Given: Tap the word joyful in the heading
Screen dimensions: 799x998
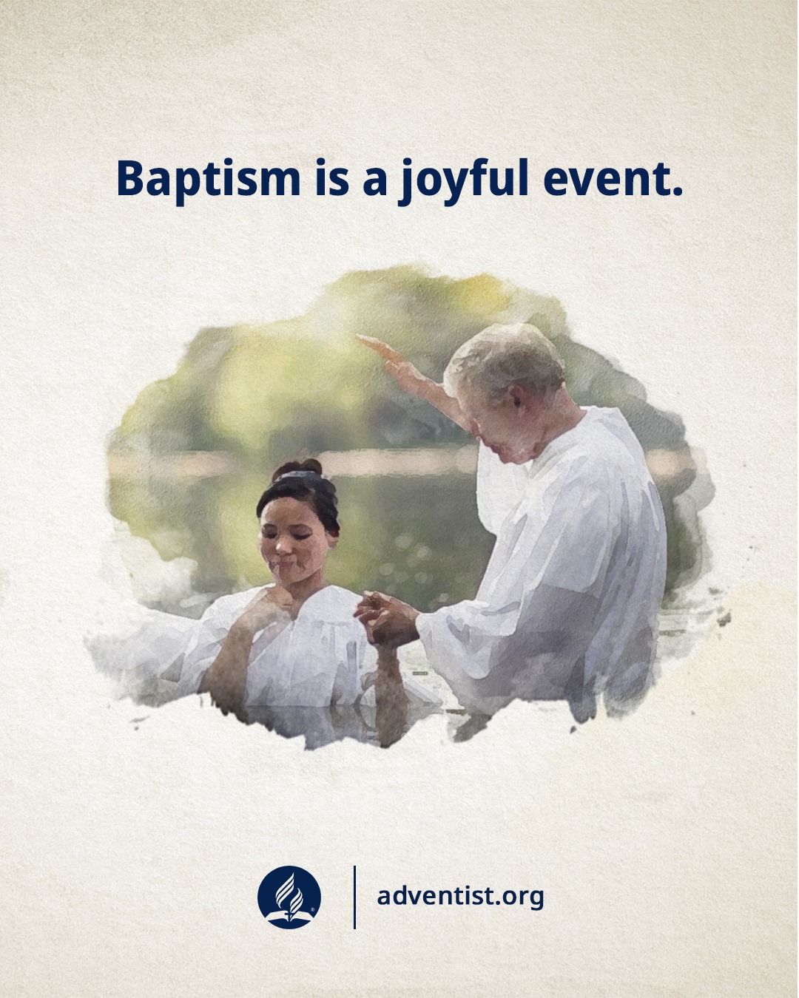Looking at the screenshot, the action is click(465, 181).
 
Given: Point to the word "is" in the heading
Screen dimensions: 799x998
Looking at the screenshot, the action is click(332, 177).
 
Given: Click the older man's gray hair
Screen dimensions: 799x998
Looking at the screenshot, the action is click(506, 359).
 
